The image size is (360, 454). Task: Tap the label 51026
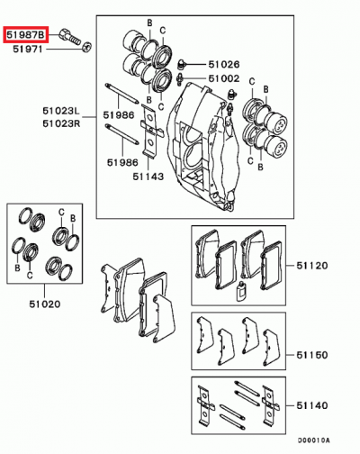pyautogui.click(x=223, y=64)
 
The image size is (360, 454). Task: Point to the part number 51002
pyautogui.click(x=223, y=79)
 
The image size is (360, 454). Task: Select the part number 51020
pyautogui.click(x=42, y=304)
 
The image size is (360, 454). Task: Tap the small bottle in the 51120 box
pyautogui.click(x=240, y=288)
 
